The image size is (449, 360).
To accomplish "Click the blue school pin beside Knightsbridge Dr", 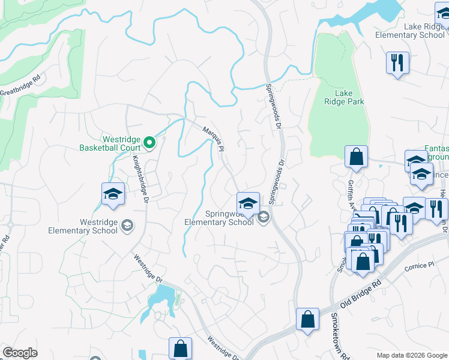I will pyautogui.click(x=113, y=194).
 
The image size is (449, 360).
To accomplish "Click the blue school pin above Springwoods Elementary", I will pyautogui.click(x=248, y=203).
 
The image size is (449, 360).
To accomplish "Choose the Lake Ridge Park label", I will pyautogui.click(x=344, y=97).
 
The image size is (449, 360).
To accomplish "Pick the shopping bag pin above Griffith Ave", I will pyautogui.click(x=357, y=157).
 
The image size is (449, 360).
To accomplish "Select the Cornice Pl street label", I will pyautogui.click(x=419, y=265).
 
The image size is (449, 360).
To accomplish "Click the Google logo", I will pyautogui.click(x=20, y=353).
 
